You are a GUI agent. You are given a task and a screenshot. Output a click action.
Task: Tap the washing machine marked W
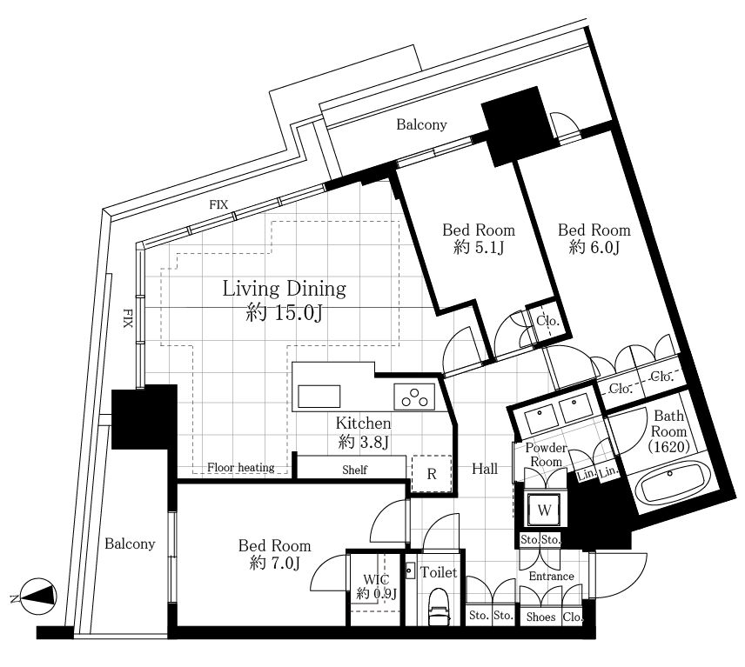pos(545,510)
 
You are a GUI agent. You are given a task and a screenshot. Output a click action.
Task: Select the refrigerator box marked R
pos(431,474)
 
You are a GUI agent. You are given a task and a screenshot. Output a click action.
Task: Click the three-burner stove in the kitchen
pos(414,397)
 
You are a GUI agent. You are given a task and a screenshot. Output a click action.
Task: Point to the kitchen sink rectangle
pos(319,397)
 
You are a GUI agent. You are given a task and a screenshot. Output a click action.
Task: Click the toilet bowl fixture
pos(438,608)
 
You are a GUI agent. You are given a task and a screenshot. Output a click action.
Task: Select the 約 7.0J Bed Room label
pos(275,554)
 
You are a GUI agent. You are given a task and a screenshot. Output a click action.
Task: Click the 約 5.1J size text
pos(478,247)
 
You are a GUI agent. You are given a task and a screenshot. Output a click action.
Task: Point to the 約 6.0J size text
pos(594,247)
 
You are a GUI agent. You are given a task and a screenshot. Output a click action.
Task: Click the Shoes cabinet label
pos(540,617)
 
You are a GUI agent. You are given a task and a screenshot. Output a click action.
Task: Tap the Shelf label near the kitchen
pos(354,470)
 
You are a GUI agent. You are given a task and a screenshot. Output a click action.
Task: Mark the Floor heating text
pos(241,468)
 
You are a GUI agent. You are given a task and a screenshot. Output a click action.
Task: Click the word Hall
pos(485,469)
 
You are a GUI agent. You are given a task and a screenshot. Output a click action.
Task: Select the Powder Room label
pos(546,454)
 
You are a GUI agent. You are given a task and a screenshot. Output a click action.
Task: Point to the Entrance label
pos(551,576)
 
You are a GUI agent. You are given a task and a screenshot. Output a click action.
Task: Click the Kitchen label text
pos(364,423)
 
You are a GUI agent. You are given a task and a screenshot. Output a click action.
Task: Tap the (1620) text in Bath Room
pos(668,447)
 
